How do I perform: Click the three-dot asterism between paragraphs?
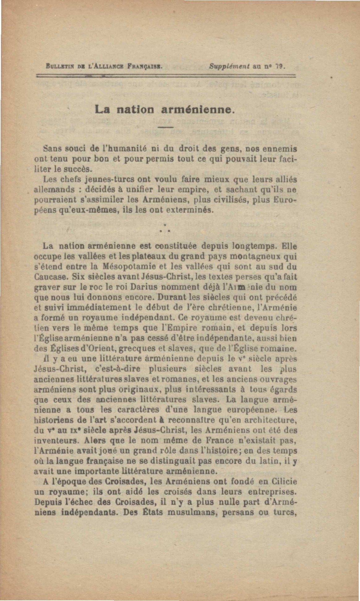166,228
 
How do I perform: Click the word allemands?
54,189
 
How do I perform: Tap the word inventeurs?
53,440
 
